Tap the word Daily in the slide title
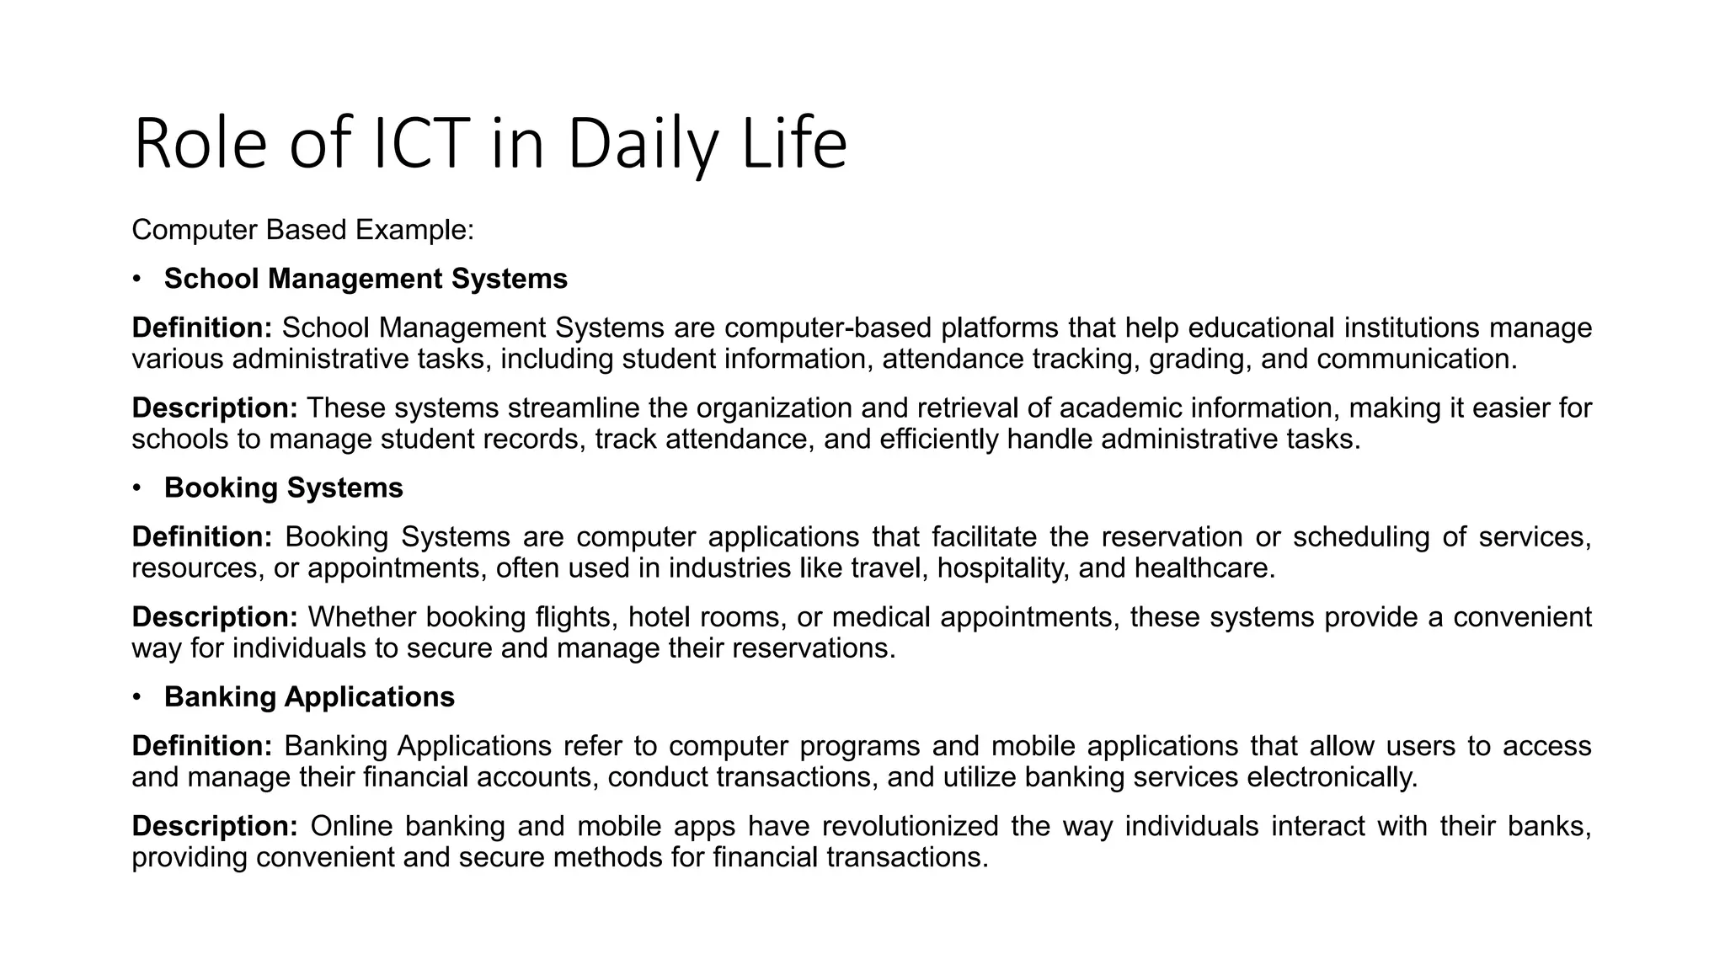[x=643, y=144]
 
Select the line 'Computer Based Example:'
[x=303, y=230]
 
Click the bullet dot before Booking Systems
[x=137, y=488]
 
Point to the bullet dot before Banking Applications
[x=137, y=697]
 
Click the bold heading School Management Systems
[x=366, y=279]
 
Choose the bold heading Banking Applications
[x=309, y=697]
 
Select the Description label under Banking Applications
[x=215, y=826]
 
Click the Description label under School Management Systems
[x=215, y=408]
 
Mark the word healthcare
[x=1204, y=568]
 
